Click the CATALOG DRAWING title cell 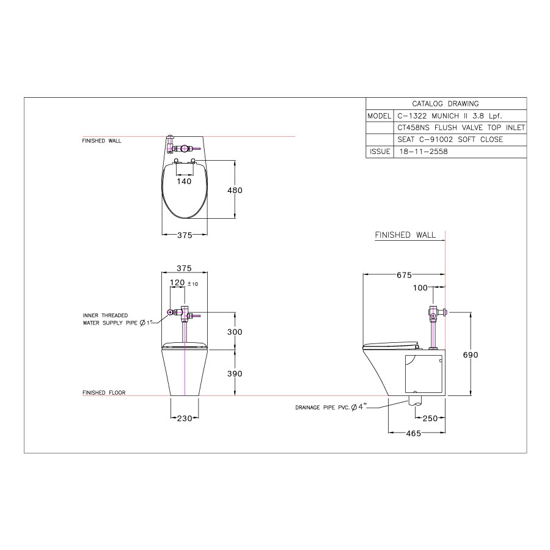(x=446, y=104)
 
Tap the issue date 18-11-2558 (x=422, y=152)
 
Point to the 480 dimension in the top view (x=235, y=190)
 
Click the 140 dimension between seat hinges (x=184, y=181)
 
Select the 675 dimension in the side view (x=403, y=275)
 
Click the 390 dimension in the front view (x=235, y=373)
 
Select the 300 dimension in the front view (x=235, y=332)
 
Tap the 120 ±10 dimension (x=182, y=284)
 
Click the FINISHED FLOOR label (x=104, y=393)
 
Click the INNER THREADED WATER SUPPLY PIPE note (x=113, y=319)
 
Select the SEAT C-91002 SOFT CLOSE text (x=441, y=140)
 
